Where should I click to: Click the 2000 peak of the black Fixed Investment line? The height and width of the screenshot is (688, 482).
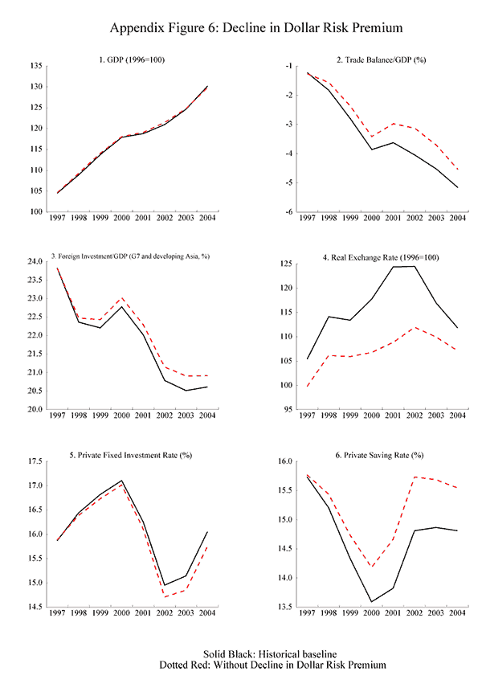[x=121, y=481]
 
